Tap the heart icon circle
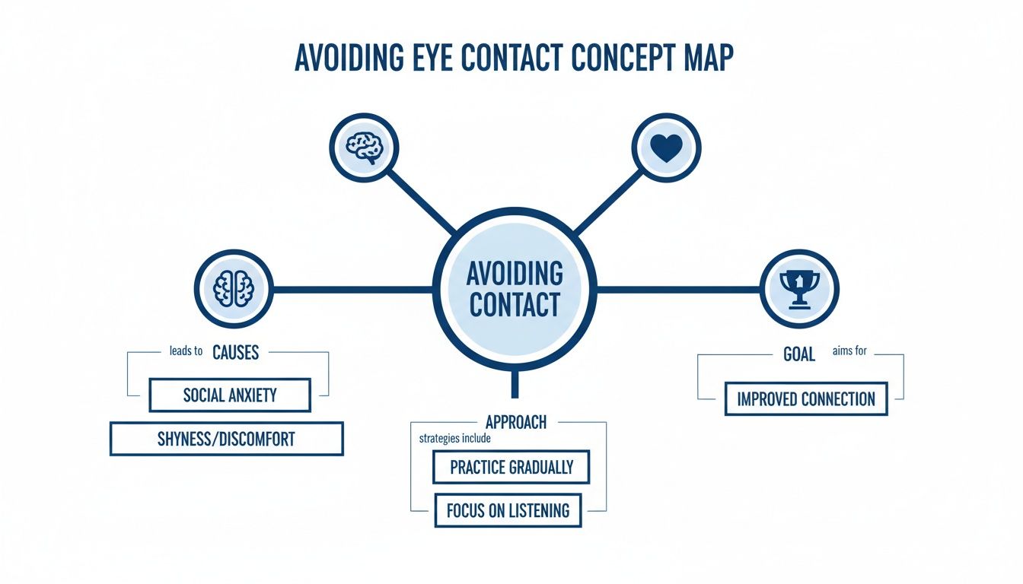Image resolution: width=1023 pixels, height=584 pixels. click(667, 147)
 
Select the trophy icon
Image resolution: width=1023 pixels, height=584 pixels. click(799, 289)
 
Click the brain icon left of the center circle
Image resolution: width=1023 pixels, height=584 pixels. click(233, 289)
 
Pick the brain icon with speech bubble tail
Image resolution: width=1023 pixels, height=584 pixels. click(364, 147)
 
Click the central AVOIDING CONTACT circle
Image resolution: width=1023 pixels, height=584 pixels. click(515, 288)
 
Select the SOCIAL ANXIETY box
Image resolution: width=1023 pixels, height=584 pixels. click(230, 395)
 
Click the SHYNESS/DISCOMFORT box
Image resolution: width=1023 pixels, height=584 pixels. click(227, 439)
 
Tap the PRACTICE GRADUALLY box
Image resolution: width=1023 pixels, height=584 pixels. click(511, 467)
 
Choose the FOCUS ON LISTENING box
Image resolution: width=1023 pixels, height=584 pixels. click(508, 510)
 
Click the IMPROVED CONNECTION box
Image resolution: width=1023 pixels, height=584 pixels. click(805, 398)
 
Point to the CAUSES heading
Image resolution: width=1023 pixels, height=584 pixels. click(235, 352)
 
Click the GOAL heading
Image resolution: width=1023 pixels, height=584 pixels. click(799, 354)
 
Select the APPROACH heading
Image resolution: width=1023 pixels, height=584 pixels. click(515, 421)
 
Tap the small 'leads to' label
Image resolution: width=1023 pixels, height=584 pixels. click(186, 351)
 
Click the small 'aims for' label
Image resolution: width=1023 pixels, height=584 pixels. click(849, 351)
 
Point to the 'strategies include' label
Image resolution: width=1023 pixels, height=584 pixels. click(454, 439)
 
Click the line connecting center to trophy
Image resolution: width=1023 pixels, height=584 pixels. click(679, 289)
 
